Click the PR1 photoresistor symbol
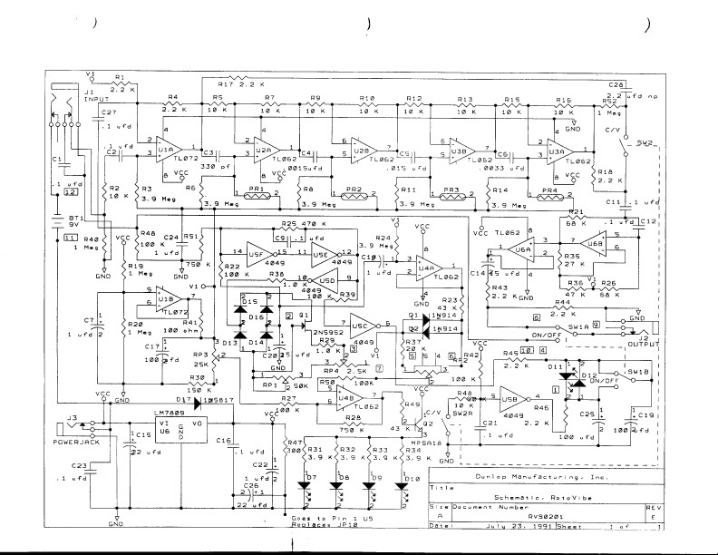[x=256, y=193]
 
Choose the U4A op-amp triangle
[x=428, y=268]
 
